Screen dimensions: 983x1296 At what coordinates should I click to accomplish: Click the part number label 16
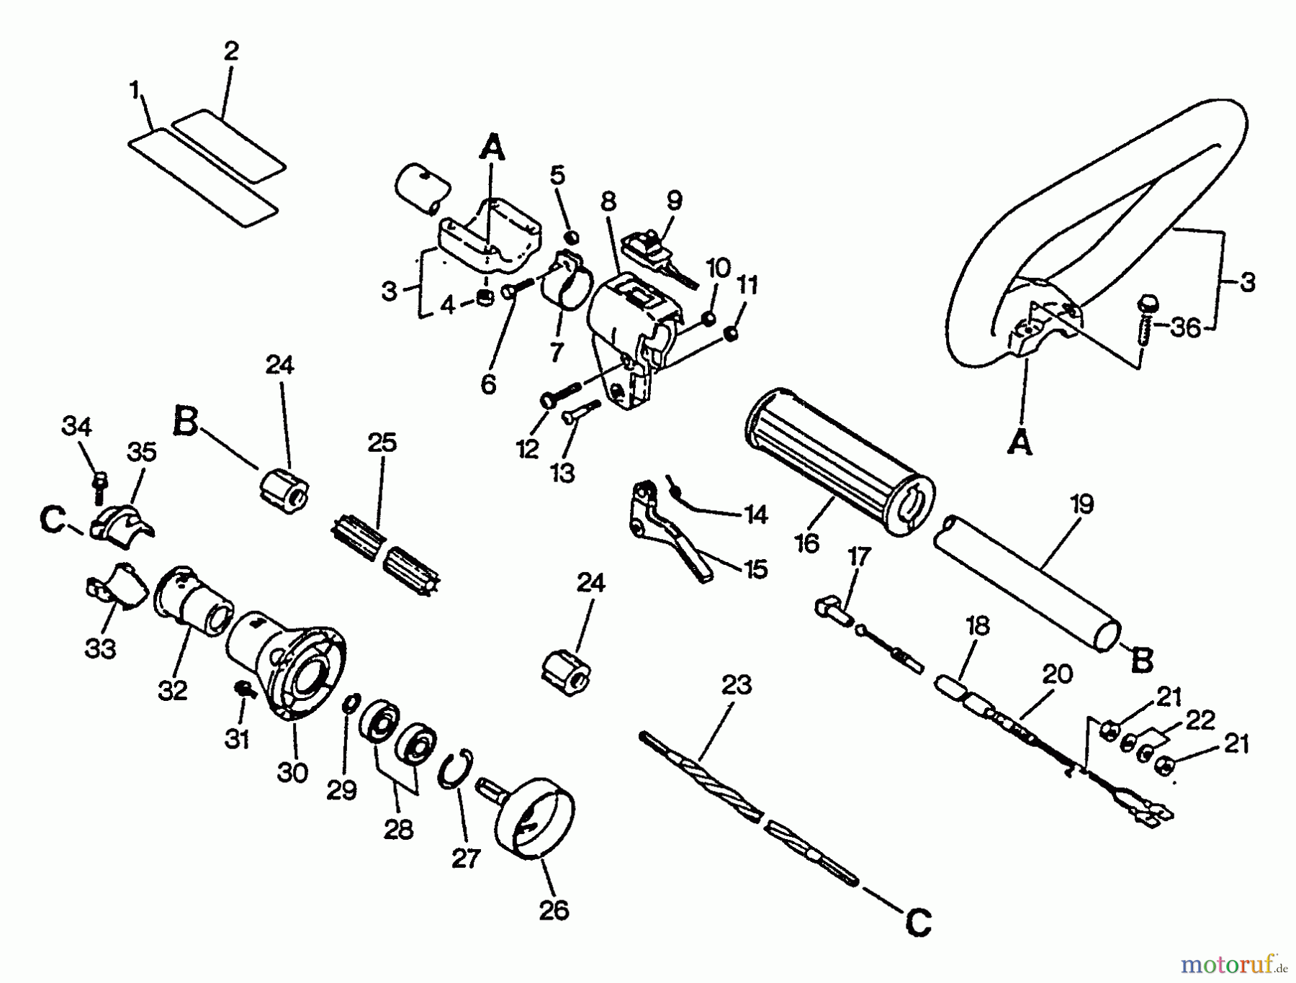click(x=807, y=543)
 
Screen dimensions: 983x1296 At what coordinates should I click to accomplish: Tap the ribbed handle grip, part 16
click(x=839, y=461)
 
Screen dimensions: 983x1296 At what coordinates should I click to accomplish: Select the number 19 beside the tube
click(x=1081, y=504)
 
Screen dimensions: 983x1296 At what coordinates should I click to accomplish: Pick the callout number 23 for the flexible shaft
click(x=735, y=684)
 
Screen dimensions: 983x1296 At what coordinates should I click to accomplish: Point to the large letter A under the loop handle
click(x=1020, y=442)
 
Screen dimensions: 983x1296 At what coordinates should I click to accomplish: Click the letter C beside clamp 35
click(x=53, y=520)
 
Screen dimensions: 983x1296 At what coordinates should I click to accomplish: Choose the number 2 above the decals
click(x=230, y=52)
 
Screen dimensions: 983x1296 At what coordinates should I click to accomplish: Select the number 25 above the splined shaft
click(x=382, y=443)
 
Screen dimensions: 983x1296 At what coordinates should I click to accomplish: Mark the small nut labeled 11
click(x=730, y=333)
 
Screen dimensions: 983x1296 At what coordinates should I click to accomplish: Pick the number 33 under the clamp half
click(x=100, y=648)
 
